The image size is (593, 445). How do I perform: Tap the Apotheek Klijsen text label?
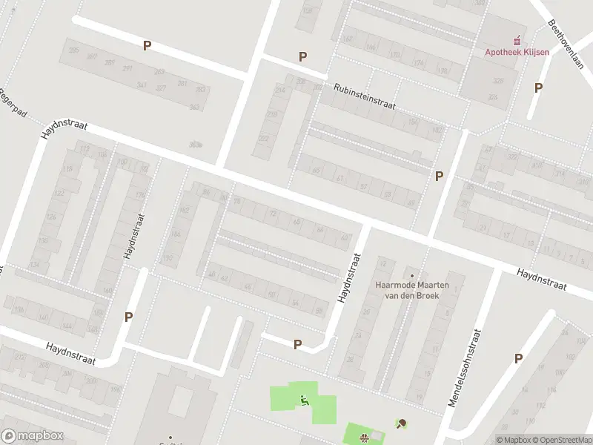coord(518,52)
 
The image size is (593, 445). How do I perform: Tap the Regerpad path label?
coord(12,105)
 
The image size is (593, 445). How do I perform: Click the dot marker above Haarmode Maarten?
coord(413,275)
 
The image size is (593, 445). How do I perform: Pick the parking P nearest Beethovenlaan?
coord(538,88)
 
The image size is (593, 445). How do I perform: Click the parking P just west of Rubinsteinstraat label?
coord(302,57)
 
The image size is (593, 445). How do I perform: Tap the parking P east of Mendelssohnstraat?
coord(518,358)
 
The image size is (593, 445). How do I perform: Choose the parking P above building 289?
coord(147,45)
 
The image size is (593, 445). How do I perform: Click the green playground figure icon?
coord(304,401)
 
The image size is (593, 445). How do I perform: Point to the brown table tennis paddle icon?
coord(402,424)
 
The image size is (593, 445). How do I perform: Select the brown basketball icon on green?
coord(364,438)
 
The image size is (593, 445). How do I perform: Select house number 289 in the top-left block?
coord(110,63)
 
